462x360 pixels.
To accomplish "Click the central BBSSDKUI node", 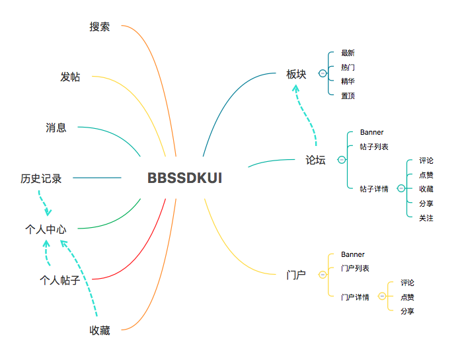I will (x=184, y=178).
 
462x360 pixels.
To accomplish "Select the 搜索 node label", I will (x=100, y=27).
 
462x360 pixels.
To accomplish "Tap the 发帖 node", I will (x=70, y=77).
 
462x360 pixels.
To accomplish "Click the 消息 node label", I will (x=56, y=127).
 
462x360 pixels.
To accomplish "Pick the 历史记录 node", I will (x=41, y=178).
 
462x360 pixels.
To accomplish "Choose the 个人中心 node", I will (x=46, y=229).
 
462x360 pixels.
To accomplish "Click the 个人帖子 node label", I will (x=59, y=280).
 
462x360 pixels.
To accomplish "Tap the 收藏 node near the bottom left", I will (x=100, y=330).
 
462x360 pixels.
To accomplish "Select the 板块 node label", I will (x=296, y=74).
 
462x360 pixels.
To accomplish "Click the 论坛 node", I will (x=315, y=160).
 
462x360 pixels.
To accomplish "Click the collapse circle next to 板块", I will (x=323, y=74).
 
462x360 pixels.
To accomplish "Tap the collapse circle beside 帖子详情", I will (x=401, y=189).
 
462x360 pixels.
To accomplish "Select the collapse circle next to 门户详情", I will (x=381, y=297).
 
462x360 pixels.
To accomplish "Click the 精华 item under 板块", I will (x=348, y=81).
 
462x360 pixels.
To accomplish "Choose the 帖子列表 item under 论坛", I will (x=374, y=146).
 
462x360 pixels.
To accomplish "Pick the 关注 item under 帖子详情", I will (x=426, y=218).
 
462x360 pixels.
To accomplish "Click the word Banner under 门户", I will (x=352, y=254).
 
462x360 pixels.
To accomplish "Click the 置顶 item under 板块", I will (x=348, y=96).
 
